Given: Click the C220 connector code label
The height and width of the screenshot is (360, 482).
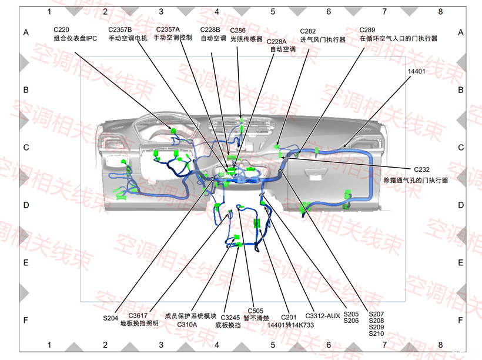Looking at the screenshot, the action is (61, 29).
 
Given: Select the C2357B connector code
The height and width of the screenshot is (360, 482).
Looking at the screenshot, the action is (120, 29).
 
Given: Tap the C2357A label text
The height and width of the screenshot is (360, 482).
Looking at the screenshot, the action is (168, 29).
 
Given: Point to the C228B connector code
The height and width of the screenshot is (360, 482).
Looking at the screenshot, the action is (210, 29).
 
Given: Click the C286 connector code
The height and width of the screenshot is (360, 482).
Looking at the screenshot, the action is (237, 30).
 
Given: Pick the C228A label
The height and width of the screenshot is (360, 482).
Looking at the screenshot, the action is (276, 42).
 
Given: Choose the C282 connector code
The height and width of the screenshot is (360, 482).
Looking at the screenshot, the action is (307, 31).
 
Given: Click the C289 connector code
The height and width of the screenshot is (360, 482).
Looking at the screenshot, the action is (367, 30).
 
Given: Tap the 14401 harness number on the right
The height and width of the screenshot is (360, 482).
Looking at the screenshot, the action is (416, 71).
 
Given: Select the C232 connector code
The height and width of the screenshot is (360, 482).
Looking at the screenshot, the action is (422, 169).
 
